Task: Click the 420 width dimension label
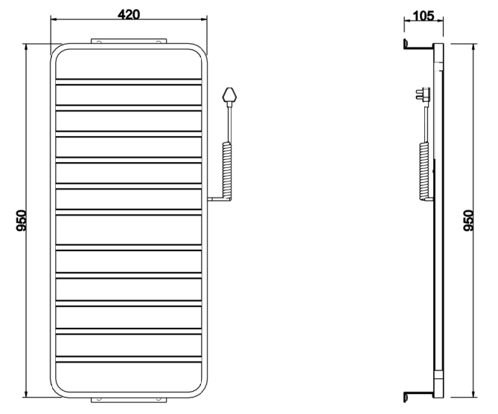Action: (129, 14)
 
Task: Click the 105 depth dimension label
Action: (424, 16)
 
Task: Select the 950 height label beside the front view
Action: (22, 221)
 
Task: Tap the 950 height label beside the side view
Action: (468, 221)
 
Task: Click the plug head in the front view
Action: (229, 94)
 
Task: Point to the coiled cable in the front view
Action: (227, 171)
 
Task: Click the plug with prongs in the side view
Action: (424, 94)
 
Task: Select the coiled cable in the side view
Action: (424, 171)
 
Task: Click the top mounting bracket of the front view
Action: (129, 41)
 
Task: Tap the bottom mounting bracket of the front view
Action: (129, 400)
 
